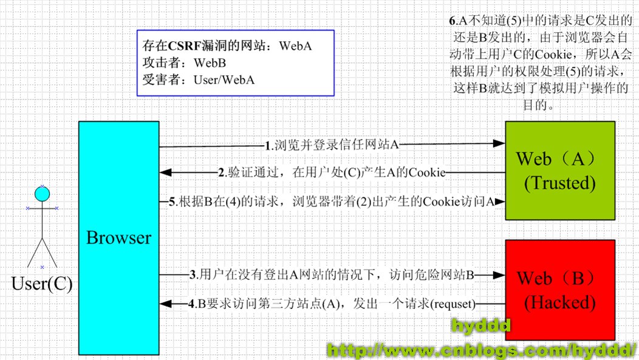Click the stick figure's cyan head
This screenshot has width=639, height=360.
point(42,194)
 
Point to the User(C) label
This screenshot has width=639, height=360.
point(42,284)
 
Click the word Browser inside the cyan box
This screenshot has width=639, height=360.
point(118,238)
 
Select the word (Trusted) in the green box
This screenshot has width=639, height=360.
point(560,183)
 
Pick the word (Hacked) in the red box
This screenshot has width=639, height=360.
point(559,302)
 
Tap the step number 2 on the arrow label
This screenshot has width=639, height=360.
point(222,173)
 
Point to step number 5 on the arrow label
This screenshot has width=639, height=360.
point(173,202)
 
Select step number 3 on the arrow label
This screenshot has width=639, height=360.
point(193,275)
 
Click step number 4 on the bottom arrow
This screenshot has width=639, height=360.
point(192,304)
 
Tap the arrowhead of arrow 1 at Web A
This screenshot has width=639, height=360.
point(501,144)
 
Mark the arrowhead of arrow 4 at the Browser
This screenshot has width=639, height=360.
point(165,304)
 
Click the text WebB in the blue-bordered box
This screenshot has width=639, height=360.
point(211,63)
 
